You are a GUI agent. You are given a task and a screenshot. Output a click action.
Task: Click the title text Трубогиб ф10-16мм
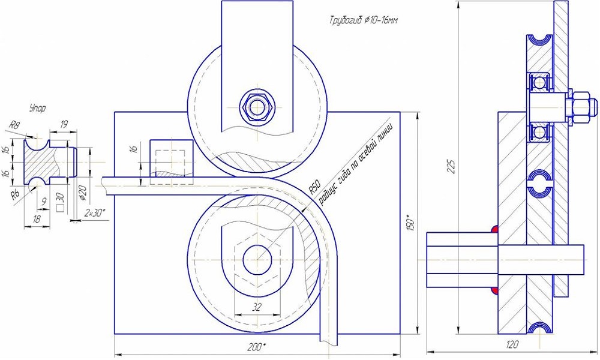[364, 20]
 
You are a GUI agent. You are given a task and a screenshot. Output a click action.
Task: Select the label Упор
[37, 108]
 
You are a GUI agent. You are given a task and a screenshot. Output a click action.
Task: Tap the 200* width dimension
[256, 347]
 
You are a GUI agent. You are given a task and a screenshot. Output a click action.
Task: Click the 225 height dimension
[452, 166]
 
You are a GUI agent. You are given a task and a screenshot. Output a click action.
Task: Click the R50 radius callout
[314, 187]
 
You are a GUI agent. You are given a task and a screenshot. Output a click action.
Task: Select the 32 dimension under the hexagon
[257, 307]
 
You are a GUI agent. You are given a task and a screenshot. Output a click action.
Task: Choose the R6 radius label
[14, 196]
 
